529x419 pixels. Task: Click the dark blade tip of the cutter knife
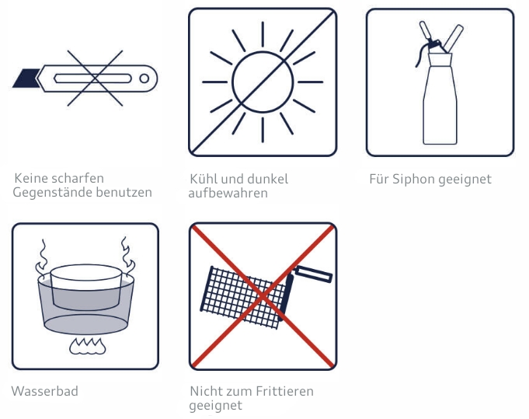pyautogui.click(x=26, y=78)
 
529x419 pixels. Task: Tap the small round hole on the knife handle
pyautogui.click(x=144, y=79)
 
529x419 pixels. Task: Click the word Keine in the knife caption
pyautogui.click(x=31, y=178)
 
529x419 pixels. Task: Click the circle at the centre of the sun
pyautogui.click(x=263, y=82)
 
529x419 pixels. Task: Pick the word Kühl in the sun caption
pyautogui.click(x=203, y=179)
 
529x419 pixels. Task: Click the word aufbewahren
pyautogui.click(x=228, y=193)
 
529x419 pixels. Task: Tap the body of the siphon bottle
pyautogui.click(x=440, y=101)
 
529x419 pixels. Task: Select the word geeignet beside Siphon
pyautogui.click(x=465, y=180)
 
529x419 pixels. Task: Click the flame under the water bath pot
pyautogui.click(x=87, y=346)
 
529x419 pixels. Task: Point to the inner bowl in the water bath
pyautogui.click(x=86, y=287)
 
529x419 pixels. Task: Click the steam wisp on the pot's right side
pyautogui.click(x=127, y=257)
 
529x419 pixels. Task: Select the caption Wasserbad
pyautogui.click(x=45, y=391)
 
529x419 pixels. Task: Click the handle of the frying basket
pyautogui.click(x=314, y=274)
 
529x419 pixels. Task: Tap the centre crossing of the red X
pyautogui.click(x=263, y=296)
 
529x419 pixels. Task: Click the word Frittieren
pyautogui.click(x=285, y=391)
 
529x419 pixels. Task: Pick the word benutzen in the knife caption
pyautogui.click(x=124, y=192)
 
